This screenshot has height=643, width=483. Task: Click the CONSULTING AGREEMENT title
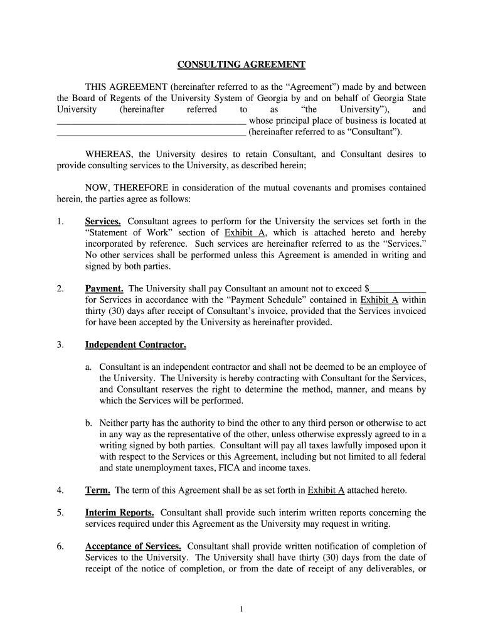pyautogui.click(x=242, y=65)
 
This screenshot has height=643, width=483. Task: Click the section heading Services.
pyautogui.click(x=103, y=221)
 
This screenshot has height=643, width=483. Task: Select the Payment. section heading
pyautogui.click(x=104, y=289)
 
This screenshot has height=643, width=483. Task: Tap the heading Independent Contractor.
pyautogui.click(x=135, y=345)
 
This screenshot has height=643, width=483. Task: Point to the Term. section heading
pyautogui.click(x=98, y=490)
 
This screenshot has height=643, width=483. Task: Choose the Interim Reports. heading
pyautogui.click(x=120, y=512)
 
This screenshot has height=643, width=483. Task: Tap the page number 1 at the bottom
pyautogui.click(x=242, y=608)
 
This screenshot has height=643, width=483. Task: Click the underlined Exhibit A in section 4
pyautogui.click(x=326, y=490)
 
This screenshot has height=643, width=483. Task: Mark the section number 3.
pyautogui.click(x=60, y=345)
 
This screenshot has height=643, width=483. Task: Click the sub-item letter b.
pyautogui.click(x=90, y=423)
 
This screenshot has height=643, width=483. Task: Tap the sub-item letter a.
pyautogui.click(x=90, y=367)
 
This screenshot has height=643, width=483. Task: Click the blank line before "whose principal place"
pyautogui.click(x=151, y=121)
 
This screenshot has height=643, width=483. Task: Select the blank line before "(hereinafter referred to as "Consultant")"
pyautogui.click(x=151, y=132)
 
